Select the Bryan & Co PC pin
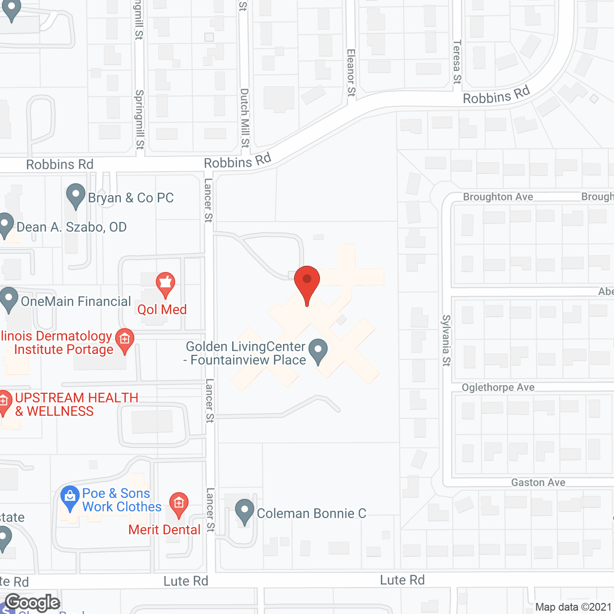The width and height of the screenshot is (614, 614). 75,196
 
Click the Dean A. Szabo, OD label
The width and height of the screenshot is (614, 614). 71,227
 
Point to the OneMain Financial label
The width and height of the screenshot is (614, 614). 76,302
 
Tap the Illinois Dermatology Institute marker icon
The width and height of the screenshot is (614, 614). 125,340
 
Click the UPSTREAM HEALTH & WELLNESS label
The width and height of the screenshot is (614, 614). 77,404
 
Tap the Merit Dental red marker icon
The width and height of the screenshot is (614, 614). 178,504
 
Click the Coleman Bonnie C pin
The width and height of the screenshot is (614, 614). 245,511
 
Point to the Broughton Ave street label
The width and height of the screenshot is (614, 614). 498,197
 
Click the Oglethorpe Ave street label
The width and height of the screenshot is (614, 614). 498,388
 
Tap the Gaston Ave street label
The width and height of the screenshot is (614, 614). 538,483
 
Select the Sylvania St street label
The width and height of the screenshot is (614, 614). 446,341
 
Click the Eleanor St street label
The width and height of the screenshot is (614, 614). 351,72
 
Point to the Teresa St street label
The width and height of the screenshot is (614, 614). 457,62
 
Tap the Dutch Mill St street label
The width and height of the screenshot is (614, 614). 245,118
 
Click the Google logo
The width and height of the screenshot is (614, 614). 33,602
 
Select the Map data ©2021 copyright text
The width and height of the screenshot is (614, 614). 573,607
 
